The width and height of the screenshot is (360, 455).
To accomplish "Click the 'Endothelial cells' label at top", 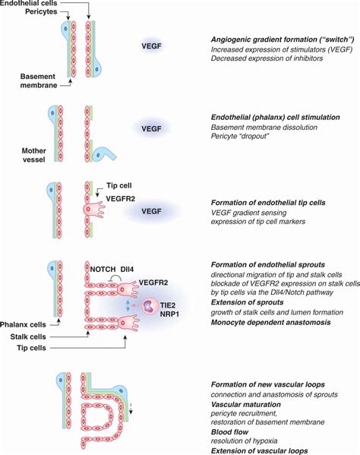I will point(30,4).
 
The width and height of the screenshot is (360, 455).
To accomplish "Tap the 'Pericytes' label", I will point(21,14).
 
